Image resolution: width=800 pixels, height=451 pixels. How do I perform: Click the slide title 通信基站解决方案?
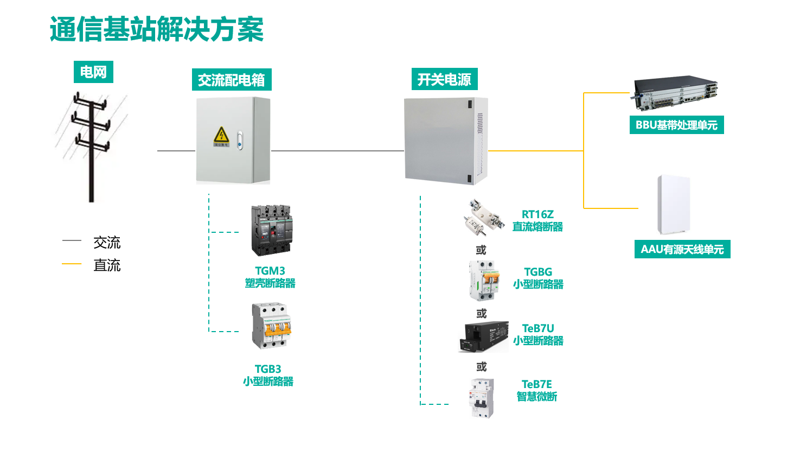coord(157,29)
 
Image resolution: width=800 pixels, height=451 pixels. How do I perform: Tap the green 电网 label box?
coord(93,72)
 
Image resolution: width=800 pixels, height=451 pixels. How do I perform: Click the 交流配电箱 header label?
coord(232,80)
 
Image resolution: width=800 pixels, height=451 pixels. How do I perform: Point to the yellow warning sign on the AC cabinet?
coord(221,136)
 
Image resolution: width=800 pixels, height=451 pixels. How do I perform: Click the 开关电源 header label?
coord(444,80)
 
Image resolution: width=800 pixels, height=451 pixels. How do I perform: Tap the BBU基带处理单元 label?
coord(676,125)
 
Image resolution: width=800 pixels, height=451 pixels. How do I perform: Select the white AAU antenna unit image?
coord(674,204)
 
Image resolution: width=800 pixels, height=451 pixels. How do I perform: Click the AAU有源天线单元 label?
coord(682,250)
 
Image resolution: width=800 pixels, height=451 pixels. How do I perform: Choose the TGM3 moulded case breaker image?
coord(272,230)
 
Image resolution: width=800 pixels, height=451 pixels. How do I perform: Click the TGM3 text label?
coord(270,271)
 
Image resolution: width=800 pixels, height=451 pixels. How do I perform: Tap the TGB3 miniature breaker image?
coord(272,326)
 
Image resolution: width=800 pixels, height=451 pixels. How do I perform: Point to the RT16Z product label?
coord(537,215)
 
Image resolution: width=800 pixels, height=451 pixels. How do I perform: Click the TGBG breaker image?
coord(484,280)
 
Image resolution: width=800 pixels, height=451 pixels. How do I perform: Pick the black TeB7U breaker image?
coord(484,336)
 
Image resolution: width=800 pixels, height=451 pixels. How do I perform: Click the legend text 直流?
coord(107,265)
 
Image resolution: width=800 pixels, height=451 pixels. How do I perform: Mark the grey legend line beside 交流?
coord(72,240)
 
